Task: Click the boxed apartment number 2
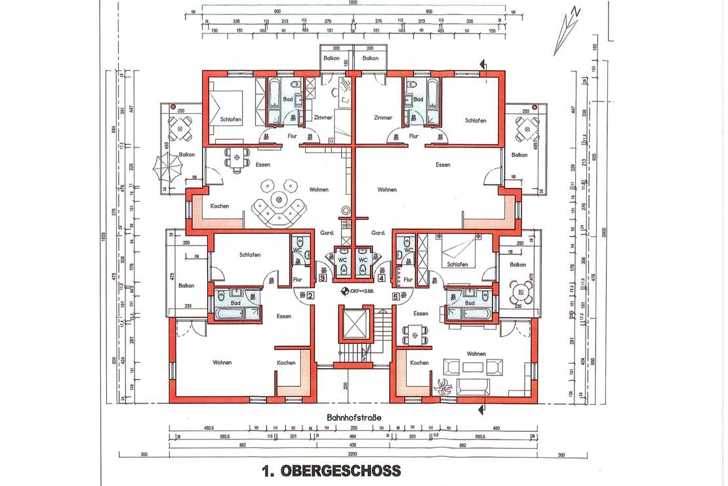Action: tap(311, 295)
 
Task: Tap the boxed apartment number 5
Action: tap(395, 295)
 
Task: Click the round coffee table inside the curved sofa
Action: tap(280, 199)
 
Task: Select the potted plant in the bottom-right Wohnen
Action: tap(444, 386)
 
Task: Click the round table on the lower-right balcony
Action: tap(521, 288)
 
